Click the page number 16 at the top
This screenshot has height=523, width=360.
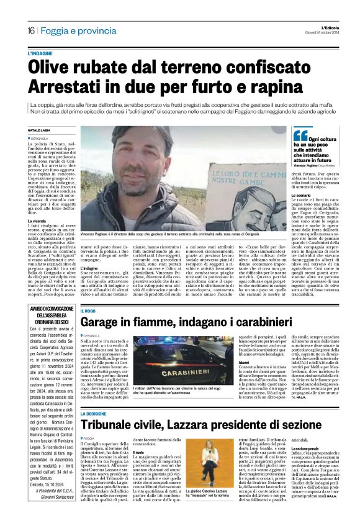click(x=31, y=30)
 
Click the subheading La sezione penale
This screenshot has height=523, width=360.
click(x=305, y=464)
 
